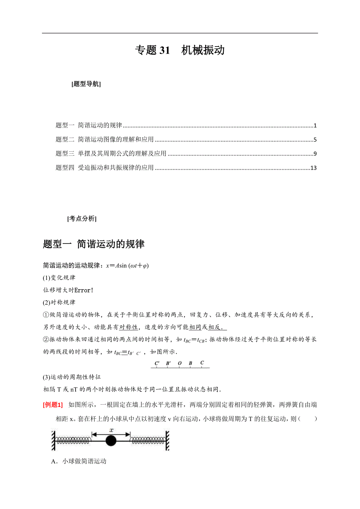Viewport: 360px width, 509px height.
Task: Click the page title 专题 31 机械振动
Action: (180, 50)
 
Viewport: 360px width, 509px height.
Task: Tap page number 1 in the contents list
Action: (315, 125)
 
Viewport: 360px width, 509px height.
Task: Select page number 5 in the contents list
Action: (315, 140)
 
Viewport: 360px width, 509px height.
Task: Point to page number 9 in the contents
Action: (315, 154)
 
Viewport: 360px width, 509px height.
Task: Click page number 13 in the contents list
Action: (313, 168)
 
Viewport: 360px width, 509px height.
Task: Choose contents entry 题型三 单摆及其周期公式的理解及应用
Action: (111, 154)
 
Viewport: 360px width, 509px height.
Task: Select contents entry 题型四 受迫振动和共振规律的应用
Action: (104, 168)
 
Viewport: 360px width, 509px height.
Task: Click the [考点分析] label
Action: (82, 219)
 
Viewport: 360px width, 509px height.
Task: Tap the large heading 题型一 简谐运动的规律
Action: (94, 244)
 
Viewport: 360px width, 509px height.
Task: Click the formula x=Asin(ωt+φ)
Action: (127, 266)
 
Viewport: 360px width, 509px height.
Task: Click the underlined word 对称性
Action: (128, 316)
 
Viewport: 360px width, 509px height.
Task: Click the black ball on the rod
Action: (111, 441)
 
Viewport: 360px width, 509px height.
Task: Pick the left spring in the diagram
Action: (74, 441)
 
